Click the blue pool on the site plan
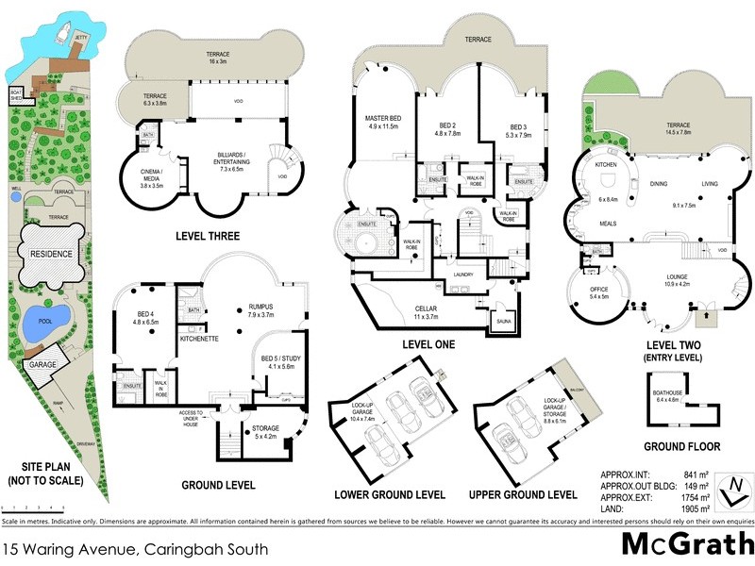coord(42,318)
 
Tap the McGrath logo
coord(686,545)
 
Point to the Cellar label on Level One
coord(427,311)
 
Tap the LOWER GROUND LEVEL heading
coord(390,494)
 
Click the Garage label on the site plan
coord(41,363)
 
